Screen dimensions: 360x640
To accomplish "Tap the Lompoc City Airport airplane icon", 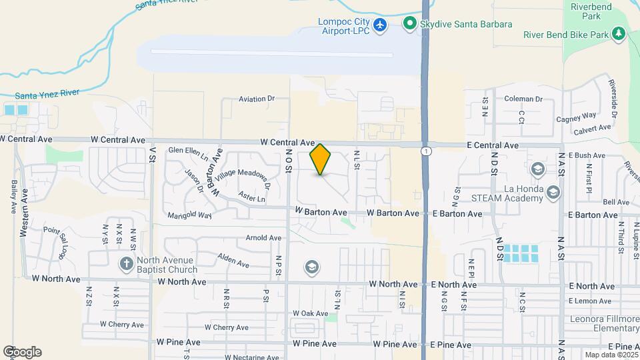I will (381, 25).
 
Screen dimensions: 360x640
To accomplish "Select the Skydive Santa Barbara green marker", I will (409, 25).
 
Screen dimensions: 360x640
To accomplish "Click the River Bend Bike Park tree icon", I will (619, 33).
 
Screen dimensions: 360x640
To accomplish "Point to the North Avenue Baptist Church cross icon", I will (126, 263).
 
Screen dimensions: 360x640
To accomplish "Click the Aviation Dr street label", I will (257, 99).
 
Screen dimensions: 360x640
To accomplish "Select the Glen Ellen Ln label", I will (188, 151).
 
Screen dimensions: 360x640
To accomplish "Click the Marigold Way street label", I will (189, 215).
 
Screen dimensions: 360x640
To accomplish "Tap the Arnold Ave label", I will (263, 238).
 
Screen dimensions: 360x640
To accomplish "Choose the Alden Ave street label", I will (233, 260).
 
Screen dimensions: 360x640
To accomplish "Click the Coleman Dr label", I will (523, 99).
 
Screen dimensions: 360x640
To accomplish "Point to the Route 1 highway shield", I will (425, 152).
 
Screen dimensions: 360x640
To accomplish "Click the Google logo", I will (22, 351).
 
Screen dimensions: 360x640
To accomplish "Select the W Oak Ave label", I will (310, 313).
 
